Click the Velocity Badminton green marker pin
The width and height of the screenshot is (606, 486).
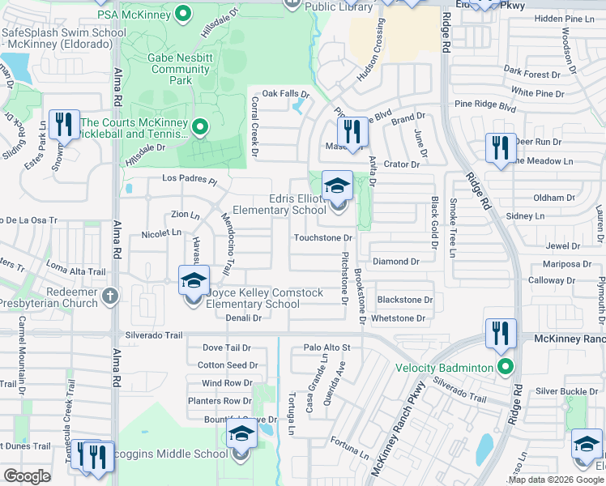pyautogui.click(x=506, y=368)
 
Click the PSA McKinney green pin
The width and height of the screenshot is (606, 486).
pyautogui.click(x=184, y=14)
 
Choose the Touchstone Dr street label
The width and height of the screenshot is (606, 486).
pyautogui.click(x=324, y=238)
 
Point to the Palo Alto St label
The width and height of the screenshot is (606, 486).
pyautogui.click(x=326, y=347)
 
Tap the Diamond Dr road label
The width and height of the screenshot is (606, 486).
pyautogui.click(x=395, y=262)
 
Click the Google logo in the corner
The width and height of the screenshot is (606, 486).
pyautogui.click(x=28, y=475)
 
